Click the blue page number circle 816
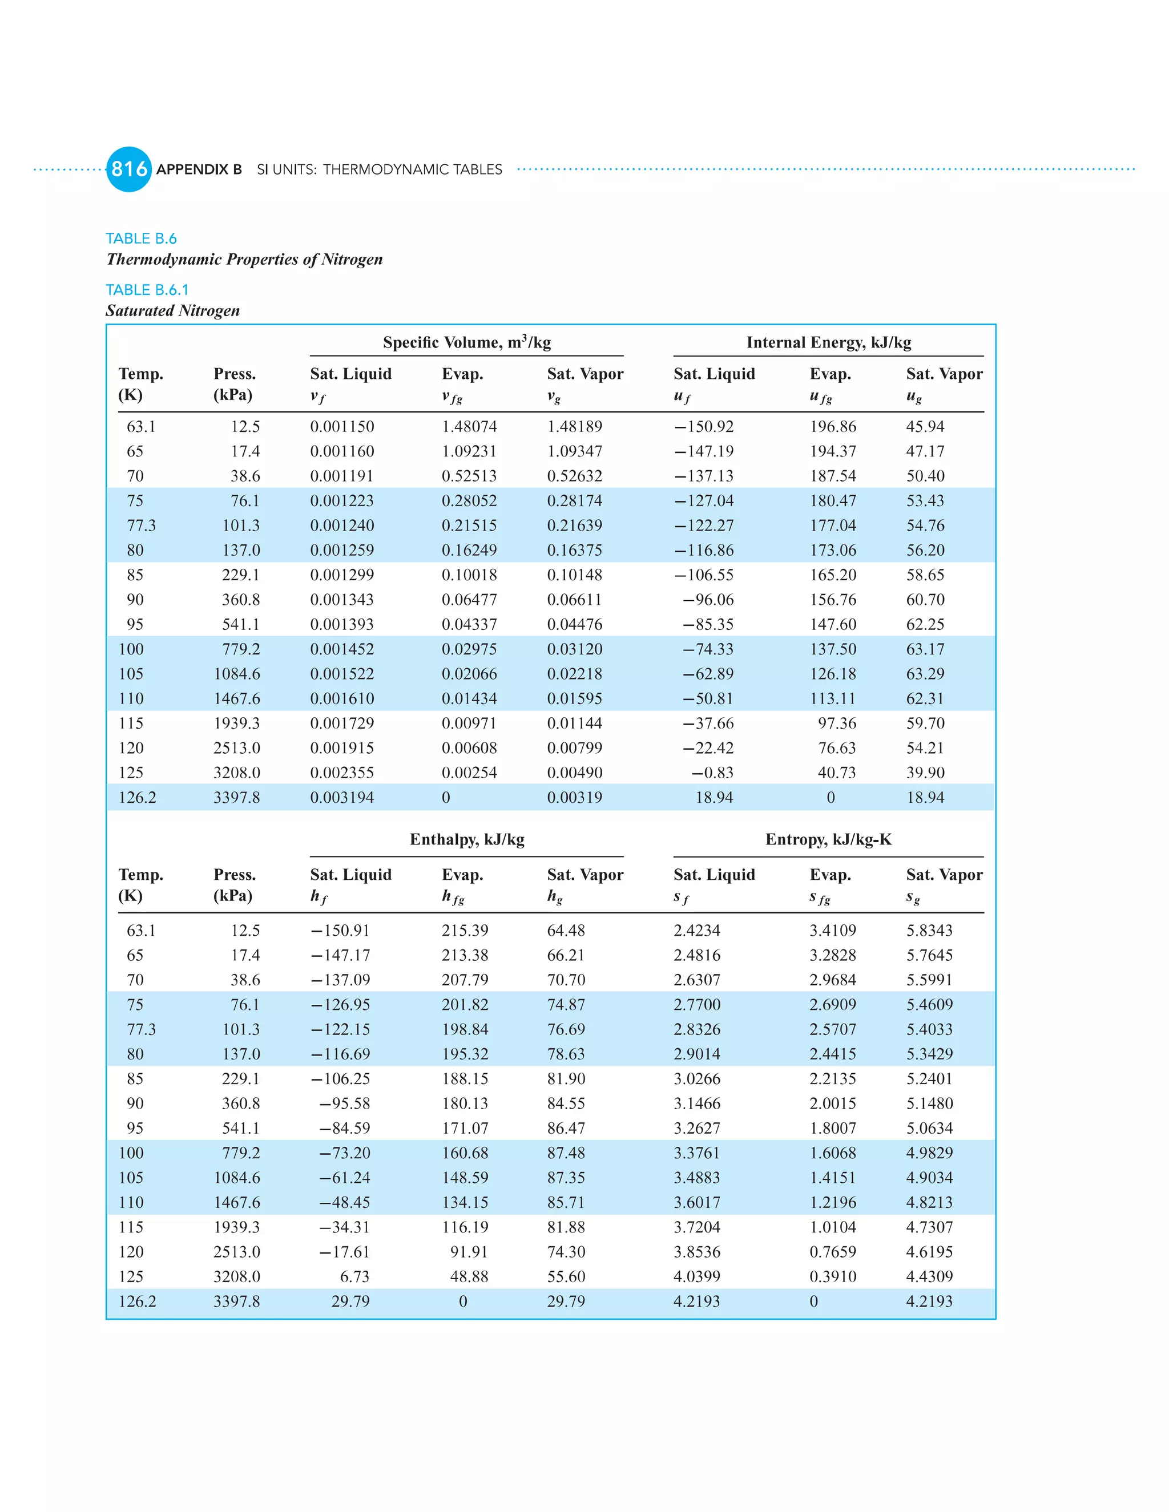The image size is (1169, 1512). coord(129,169)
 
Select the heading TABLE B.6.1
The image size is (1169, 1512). coord(147,289)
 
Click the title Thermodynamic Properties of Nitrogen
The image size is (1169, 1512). coord(244,259)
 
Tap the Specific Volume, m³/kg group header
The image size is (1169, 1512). coord(467,342)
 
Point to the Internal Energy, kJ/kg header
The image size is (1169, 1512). coord(828,342)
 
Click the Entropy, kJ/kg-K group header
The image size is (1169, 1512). coord(828,839)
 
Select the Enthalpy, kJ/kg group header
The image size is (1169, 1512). coord(467,839)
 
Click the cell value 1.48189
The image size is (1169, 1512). coord(574,426)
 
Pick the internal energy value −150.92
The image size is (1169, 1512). coord(704,426)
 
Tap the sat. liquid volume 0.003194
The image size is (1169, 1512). coord(341,798)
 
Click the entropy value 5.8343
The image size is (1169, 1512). coord(929,931)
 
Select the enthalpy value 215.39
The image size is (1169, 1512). coord(465,931)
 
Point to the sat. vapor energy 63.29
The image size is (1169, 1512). coord(925,674)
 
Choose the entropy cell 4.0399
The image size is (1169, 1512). coord(697,1276)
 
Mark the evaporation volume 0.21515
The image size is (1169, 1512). coord(469,525)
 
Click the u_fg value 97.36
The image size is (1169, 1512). coord(837,723)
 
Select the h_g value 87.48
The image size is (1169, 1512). coord(566,1153)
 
